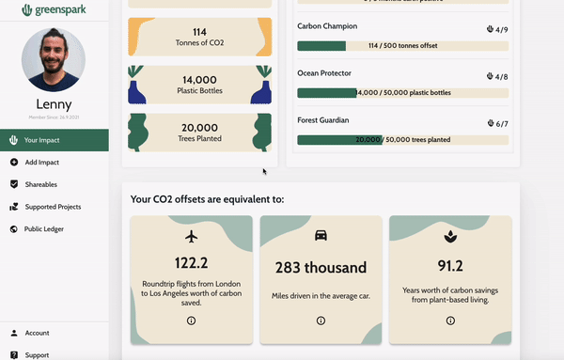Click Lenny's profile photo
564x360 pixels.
point(53,59)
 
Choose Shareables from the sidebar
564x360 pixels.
point(40,184)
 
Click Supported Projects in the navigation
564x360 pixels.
point(52,206)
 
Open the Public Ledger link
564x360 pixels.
point(45,228)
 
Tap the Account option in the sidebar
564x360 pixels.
point(37,333)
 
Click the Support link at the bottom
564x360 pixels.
point(37,354)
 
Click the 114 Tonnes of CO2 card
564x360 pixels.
point(198,37)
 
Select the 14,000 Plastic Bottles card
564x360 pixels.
point(198,85)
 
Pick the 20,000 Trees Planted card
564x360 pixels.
point(198,133)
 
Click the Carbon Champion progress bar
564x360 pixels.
point(402,46)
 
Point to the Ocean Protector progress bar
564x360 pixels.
point(402,93)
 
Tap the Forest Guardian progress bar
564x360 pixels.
point(402,140)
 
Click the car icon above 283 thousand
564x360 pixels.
point(321,236)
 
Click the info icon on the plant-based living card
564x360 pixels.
point(449,321)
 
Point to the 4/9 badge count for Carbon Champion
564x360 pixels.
point(497,29)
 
